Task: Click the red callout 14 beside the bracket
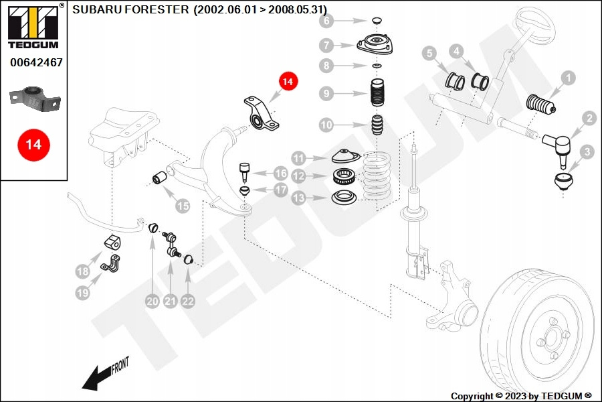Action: [287, 82]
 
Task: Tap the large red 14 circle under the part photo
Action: [33, 144]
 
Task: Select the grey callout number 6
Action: [326, 21]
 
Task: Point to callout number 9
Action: [326, 94]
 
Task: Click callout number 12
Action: [299, 177]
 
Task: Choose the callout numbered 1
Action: [568, 78]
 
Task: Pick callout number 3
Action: [587, 153]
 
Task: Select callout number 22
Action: [188, 301]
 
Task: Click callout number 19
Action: [82, 292]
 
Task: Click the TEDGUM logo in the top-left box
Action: [33, 27]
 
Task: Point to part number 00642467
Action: [36, 62]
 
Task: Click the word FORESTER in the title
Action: [161, 10]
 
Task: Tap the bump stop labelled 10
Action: [377, 125]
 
